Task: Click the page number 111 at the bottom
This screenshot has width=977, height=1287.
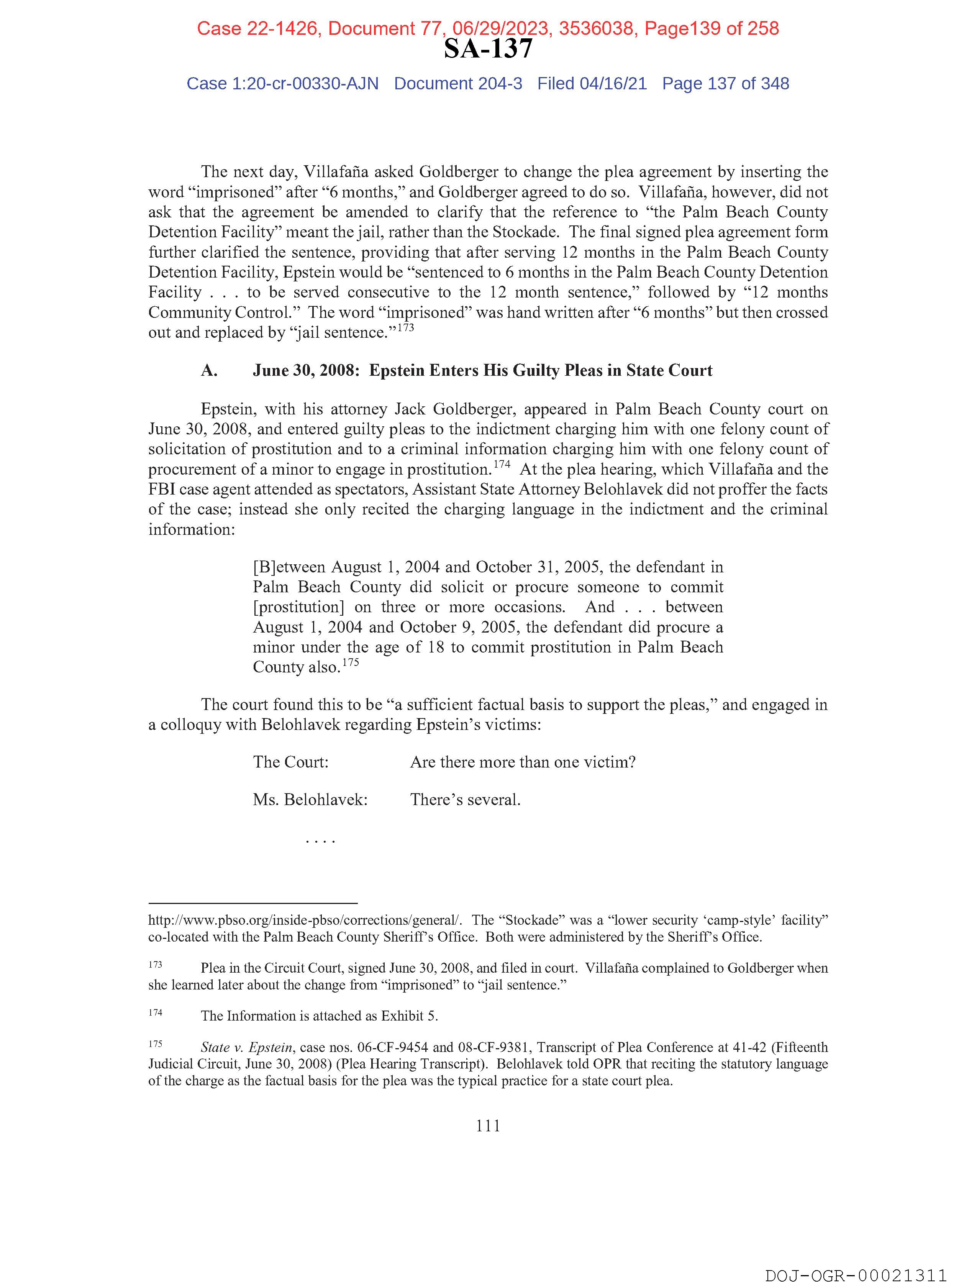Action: [x=488, y=1126]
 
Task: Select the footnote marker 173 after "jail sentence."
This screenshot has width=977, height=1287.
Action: [x=405, y=327]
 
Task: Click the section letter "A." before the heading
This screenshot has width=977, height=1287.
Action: [x=209, y=371]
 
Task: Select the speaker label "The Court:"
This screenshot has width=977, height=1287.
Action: [x=291, y=762]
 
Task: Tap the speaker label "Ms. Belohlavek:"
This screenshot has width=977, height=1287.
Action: [x=310, y=799]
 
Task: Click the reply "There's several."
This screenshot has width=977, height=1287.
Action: [x=465, y=799]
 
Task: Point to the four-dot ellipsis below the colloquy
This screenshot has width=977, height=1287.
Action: [x=320, y=841]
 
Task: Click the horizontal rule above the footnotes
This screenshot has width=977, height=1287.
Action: [x=252, y=903]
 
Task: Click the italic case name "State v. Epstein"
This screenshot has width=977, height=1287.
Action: [x=246, y=1047]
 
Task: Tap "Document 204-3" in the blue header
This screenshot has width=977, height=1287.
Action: [x=458, y=84]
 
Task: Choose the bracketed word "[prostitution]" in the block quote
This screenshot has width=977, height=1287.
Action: [x=299, y=607]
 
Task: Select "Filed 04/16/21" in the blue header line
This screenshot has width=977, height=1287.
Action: [x=592, y=84]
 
